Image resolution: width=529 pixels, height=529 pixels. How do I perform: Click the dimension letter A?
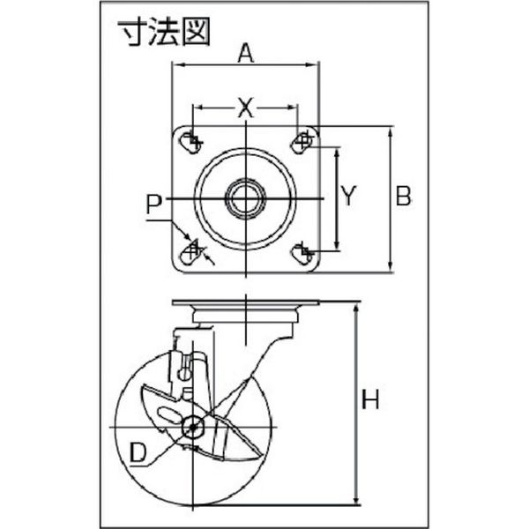point(245,54)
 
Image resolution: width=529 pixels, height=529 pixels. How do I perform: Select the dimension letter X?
point(245,108)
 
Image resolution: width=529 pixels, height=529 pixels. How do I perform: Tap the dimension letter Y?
point(348,196)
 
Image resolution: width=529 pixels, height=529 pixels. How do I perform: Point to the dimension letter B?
point(404,196)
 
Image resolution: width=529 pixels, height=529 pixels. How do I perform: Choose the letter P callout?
point(154,205)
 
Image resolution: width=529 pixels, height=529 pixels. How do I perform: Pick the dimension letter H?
point(370,399)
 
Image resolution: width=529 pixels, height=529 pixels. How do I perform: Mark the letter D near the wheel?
point(138,453)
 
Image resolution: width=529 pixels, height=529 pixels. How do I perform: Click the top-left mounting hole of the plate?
point(191,143)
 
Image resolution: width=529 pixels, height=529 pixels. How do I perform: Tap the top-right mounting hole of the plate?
point(302,143)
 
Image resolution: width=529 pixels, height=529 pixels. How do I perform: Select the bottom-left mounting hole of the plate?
point(190,254)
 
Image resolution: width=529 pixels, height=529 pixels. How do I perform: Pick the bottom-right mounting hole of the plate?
point(302,254)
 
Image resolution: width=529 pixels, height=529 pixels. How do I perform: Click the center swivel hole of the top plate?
point(246,198)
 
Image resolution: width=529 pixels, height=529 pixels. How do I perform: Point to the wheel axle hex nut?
point(192,427)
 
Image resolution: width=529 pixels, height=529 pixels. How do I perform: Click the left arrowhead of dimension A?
point(177,64)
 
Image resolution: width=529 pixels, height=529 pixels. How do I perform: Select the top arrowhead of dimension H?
point(355,308)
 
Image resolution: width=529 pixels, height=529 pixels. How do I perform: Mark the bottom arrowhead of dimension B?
point(391,266)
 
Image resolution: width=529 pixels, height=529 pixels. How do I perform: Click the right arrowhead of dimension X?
point(292,108)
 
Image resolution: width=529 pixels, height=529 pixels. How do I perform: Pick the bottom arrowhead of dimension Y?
point(337,244)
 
